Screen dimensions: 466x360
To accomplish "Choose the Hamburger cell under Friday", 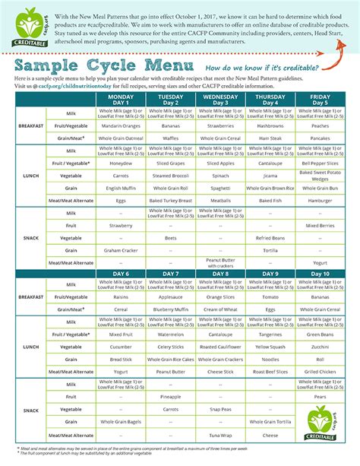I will pyautogui.click(x=320, y=200).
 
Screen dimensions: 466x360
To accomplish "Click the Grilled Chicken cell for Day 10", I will pyautogui.click(x=320, y=372).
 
